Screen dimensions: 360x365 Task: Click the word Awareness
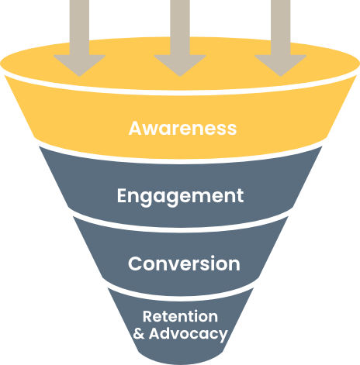click(182, 128)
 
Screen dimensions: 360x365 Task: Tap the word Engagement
click(180, 197)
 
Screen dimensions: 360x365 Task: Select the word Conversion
click(184, 263)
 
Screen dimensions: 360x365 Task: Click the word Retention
click(180, 316)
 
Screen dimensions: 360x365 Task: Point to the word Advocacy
click(189, 334)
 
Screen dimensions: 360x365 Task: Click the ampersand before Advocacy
click(139, 333)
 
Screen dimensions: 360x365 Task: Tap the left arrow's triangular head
click(79, 65)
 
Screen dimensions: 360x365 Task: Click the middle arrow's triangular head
click(180, 65)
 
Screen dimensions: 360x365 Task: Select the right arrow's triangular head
click(281, 65)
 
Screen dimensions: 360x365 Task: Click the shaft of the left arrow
click(79, 27)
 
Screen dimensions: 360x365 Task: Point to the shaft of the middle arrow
click(180, 27)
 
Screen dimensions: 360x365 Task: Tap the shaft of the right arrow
click(281, 27)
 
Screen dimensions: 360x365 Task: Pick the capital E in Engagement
click(122, 195)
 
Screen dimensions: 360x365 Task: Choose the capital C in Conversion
click(135, 263)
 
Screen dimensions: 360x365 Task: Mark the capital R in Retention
click(148, 316)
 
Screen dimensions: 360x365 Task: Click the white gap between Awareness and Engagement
click(180, 161)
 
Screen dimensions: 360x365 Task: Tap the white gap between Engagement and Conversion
click(180, 229)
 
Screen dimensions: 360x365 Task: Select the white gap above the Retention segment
click(180, 298)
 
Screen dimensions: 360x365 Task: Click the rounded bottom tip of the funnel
click(180, 362)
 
